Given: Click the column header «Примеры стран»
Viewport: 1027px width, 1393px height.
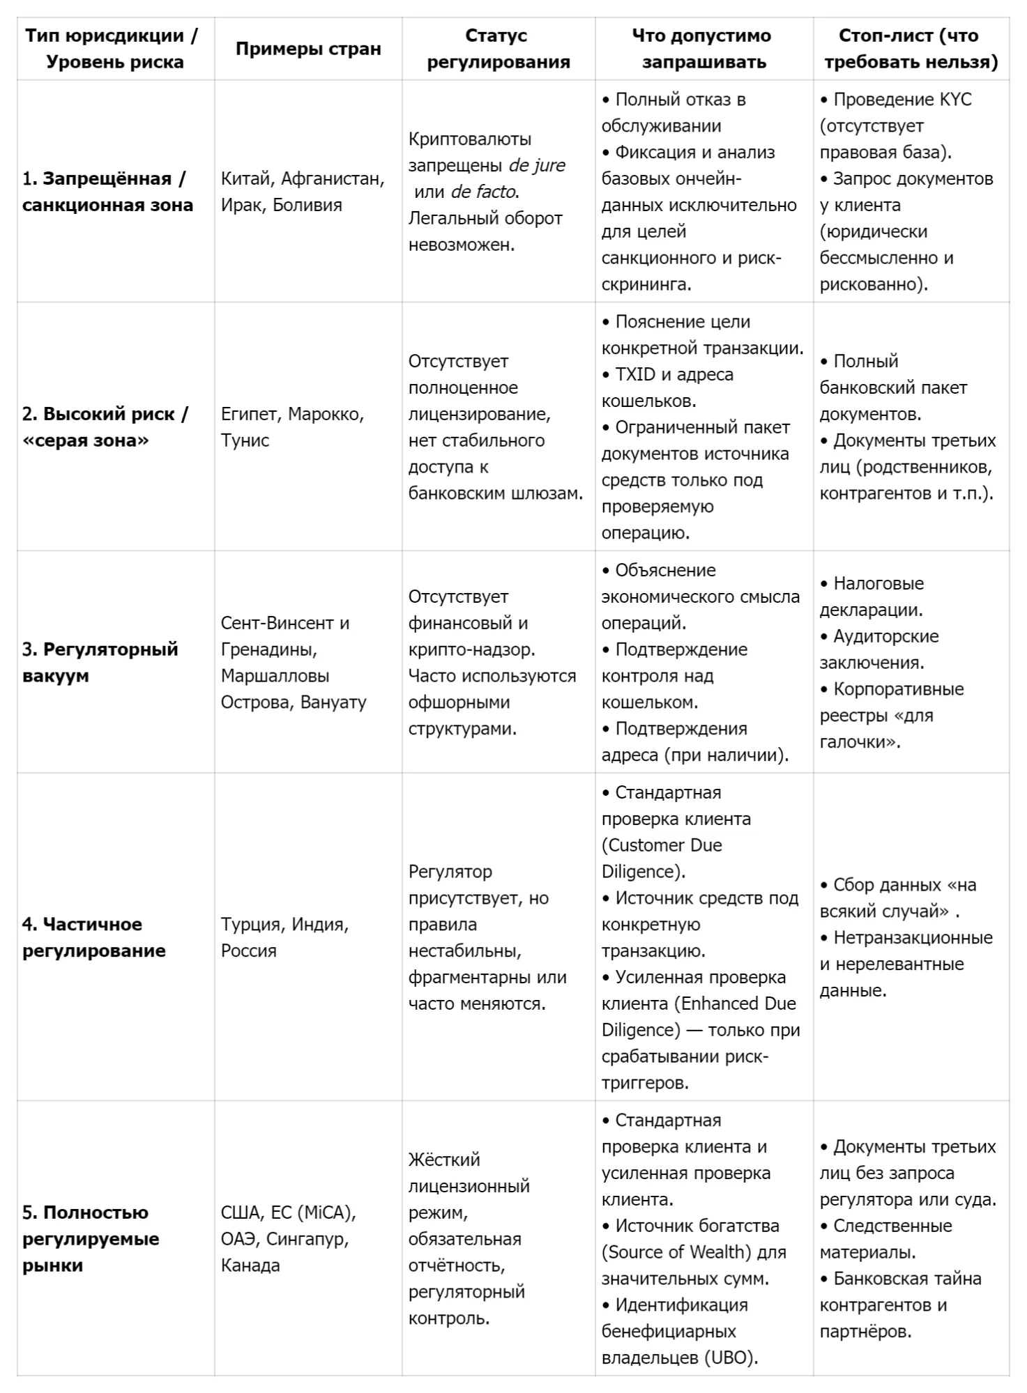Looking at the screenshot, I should click(308, 49).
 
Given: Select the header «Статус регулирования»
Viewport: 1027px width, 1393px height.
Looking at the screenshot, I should click(498, 49).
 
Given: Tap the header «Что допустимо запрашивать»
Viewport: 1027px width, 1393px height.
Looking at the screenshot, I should click(703, 49).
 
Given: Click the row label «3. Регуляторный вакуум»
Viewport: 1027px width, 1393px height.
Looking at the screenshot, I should click(100, 662).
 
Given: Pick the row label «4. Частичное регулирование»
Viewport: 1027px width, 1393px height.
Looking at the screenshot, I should click(94, 937).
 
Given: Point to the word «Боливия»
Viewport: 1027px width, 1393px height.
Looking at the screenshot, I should click(307, 205).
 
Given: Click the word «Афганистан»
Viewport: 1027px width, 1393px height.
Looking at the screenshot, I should click(333, 179).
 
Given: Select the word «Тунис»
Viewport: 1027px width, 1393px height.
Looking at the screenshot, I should click(245, 440).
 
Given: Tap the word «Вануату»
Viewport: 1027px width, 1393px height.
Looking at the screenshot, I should click(333, 702).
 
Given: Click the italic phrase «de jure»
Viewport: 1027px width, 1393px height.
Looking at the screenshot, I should click(537, 165).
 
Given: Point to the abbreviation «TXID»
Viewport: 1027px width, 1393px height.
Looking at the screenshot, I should click(635, 375).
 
